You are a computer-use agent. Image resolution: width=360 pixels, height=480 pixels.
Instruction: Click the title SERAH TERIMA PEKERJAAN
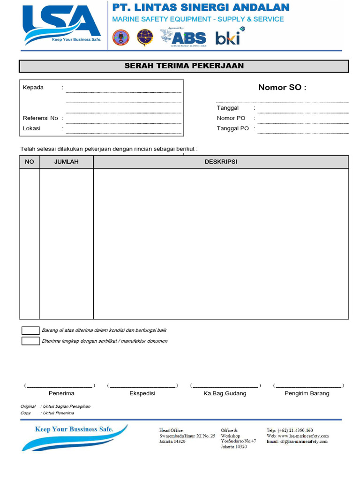[184, 66]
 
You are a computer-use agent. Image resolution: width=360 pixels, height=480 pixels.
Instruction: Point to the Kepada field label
[33, 88]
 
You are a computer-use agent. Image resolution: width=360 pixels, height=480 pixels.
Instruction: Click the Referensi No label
[40, 118]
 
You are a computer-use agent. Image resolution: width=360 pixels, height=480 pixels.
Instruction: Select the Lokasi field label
[32, 128]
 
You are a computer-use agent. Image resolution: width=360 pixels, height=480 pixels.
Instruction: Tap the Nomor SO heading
[282, 88]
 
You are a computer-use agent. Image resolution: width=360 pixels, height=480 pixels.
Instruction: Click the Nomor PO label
[231, 118]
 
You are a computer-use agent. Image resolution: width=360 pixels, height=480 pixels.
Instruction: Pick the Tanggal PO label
[233, 128]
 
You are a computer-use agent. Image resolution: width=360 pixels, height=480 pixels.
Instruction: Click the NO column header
[29, 162]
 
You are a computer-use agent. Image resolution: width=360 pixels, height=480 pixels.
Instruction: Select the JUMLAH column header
[66, 162]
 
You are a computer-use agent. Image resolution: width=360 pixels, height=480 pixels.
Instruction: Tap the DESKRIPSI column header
[221, 162]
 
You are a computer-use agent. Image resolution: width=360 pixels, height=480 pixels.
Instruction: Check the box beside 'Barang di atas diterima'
[30, 330]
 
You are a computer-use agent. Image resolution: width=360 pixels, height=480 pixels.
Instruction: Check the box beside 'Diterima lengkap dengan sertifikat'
[30, 341]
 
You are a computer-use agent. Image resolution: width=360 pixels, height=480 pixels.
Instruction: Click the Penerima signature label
[61, 393]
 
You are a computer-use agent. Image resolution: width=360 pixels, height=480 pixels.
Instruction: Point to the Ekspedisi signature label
[142, 393]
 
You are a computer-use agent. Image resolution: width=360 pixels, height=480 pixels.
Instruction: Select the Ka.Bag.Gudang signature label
[225, 393]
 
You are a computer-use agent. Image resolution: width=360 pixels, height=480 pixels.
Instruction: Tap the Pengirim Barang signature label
[307, 393]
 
